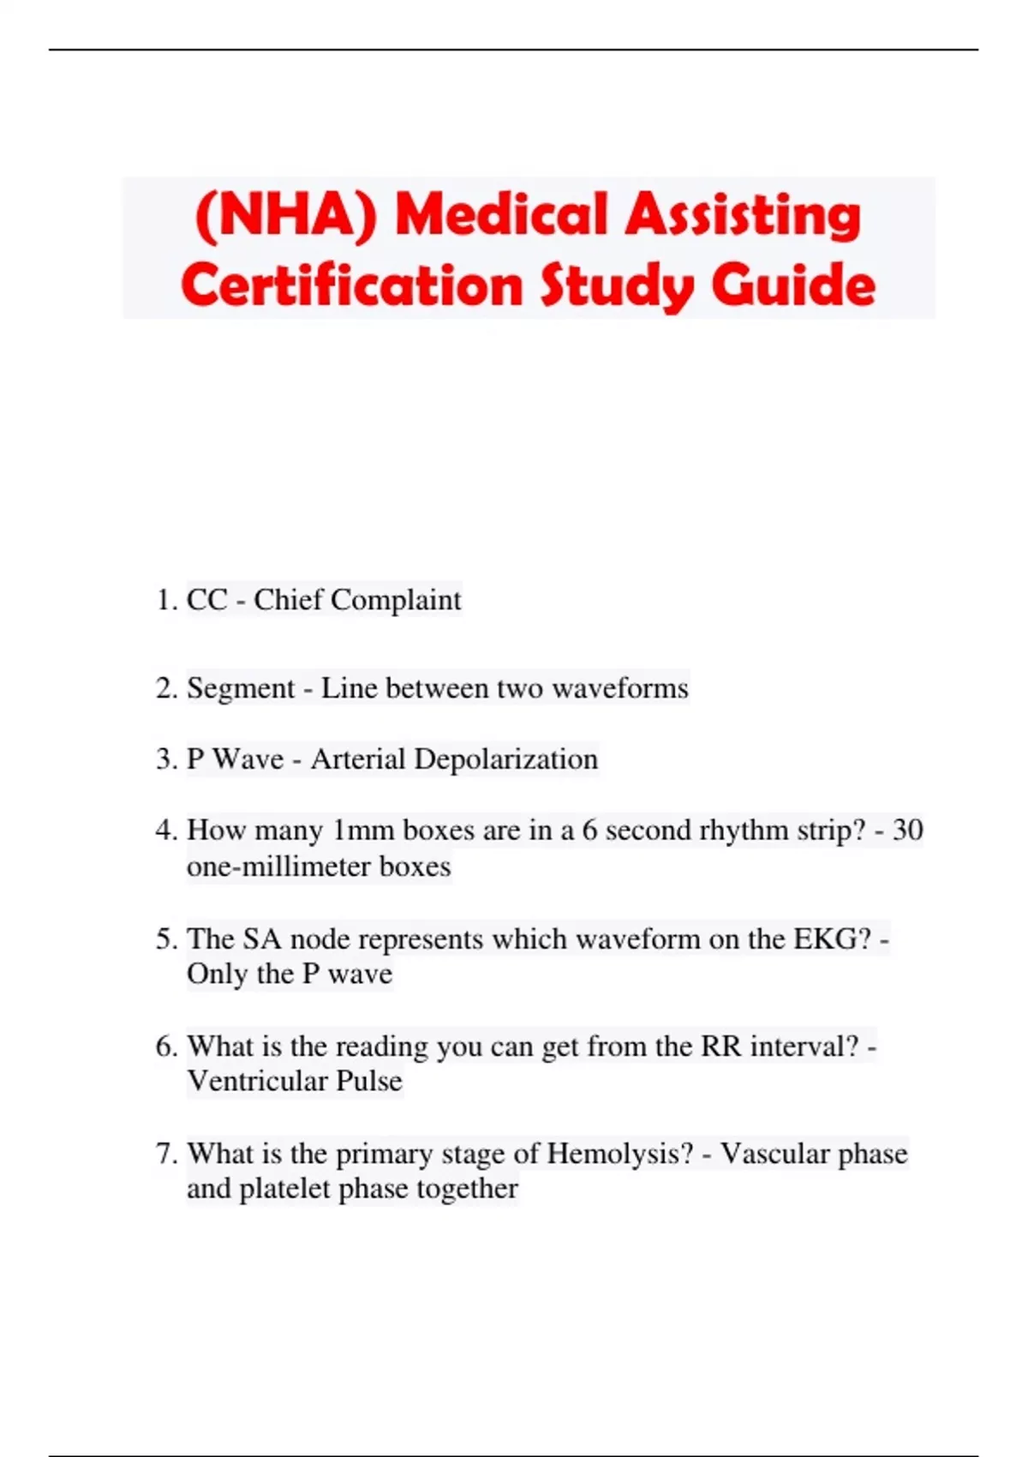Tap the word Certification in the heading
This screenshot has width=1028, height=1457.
click(351, 285)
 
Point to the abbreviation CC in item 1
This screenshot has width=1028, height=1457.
click(207, 600)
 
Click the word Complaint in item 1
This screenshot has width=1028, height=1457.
click(396, 600)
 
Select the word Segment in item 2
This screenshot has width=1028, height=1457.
click(241, 688)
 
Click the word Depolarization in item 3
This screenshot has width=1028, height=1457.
click(505, 759)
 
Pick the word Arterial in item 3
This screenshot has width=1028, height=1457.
click(357, 759)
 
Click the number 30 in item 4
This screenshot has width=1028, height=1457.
click(907, 830)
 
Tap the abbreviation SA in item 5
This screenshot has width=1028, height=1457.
click(262, 939)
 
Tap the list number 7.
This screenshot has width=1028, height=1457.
click(165, 1154)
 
